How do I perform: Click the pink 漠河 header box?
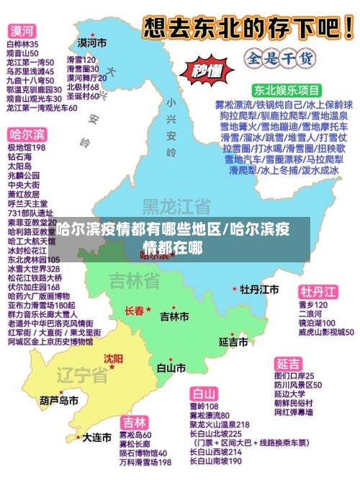[22, 31]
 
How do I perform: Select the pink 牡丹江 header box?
[318, 291]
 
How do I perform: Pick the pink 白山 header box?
[204, 394]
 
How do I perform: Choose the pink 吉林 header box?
[133, 422]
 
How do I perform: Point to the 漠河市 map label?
[92, 43]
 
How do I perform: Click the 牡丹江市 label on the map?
[259, 289]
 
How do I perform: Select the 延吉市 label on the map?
[234, 340]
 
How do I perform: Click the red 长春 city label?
[135, 311]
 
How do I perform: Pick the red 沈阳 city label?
[113, 357]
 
